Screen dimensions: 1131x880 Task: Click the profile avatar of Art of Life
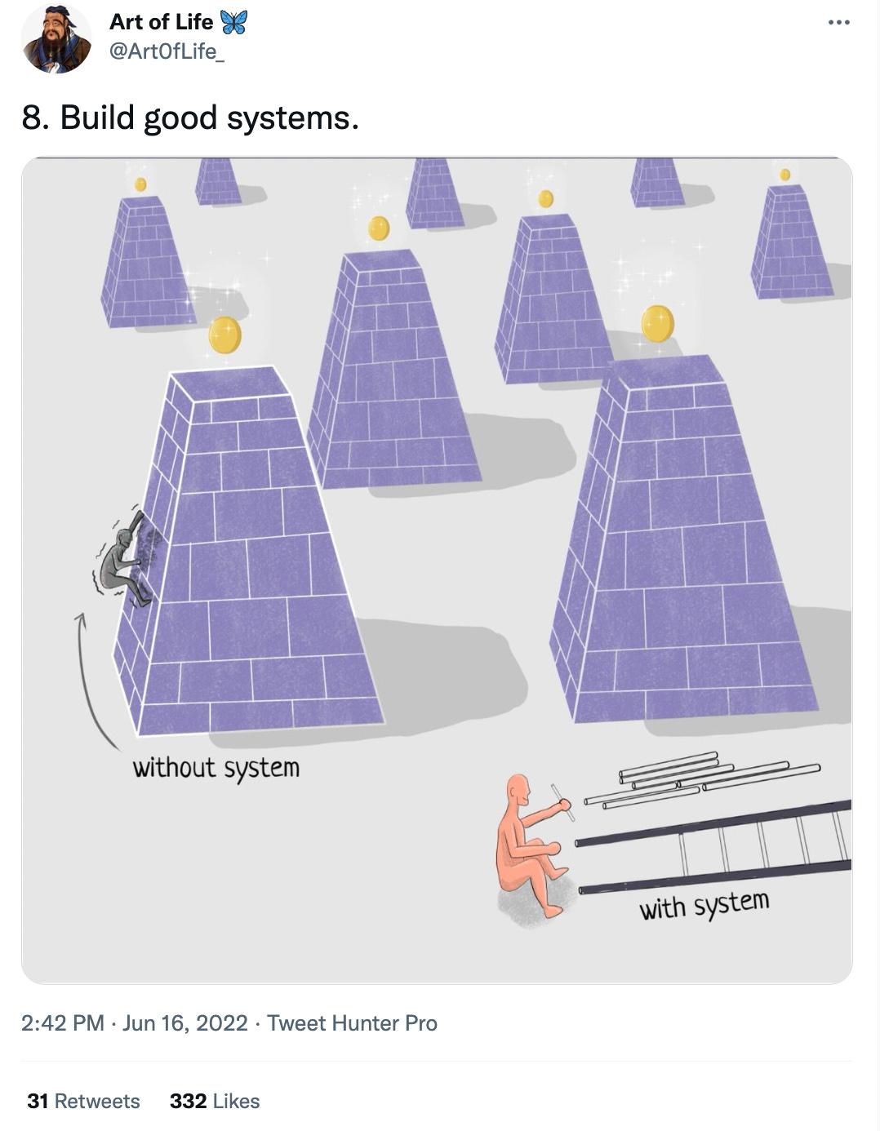tap(56, 38)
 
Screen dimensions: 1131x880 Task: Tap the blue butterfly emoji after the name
tap(233, 22)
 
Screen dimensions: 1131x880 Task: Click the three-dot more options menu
tap(838, 23)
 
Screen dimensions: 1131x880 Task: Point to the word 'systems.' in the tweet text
tap(292, 118)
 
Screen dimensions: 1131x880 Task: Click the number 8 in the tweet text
tap(31, 118)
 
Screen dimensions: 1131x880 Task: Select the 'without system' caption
tap(216, 768)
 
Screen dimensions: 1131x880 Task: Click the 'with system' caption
tap(704, 904)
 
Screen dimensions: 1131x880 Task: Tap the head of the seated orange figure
tap(518, 790)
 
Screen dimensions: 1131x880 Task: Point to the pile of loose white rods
tap(702, 779)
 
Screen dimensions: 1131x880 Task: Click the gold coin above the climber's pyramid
tap(224, 335)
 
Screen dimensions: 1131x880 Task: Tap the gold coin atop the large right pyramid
tap(657, 323)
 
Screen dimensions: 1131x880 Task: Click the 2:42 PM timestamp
tap(62, 1023)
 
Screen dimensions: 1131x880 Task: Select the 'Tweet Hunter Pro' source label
tap(352, 1023)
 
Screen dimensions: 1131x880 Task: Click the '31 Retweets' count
tap(83, 1102)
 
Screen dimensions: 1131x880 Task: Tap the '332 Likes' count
tap(215, 1102)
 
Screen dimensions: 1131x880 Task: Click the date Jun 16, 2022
tap(184, 1023)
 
